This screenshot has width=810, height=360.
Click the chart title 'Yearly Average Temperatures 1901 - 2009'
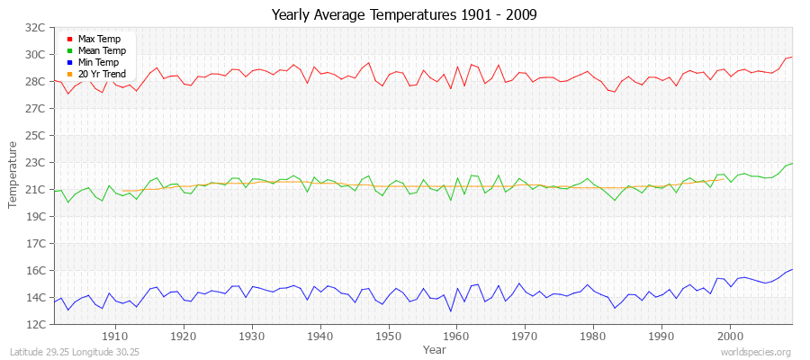pyautogui.click(x=404, y=15)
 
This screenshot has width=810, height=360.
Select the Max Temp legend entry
pyautogui.click(x=98, y=40)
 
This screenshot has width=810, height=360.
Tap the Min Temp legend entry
pyautogui.click(x=98, y=63)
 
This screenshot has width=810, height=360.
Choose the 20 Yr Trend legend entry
pyautogui.click(x=101, y=75)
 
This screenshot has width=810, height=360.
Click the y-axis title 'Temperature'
pyautogui.click(x=13, y=175)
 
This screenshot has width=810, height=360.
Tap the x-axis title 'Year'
pyautogui.click(x=434, y=348)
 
